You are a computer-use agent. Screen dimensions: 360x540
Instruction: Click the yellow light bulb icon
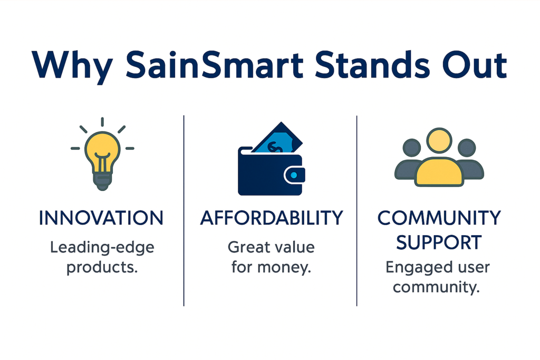coord(102,151)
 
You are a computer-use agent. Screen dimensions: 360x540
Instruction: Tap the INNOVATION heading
coord(101,218)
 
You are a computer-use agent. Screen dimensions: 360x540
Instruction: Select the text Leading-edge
coord(102,247)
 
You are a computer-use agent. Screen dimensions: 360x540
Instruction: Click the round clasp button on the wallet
coord(294,174)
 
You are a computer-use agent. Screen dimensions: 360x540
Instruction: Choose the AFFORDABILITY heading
coord(271,218)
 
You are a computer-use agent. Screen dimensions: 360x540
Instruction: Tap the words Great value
coord(271,247)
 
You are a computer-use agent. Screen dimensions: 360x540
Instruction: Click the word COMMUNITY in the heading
coord(439,218)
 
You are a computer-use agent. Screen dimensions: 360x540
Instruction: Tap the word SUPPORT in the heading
coord(439,242)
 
